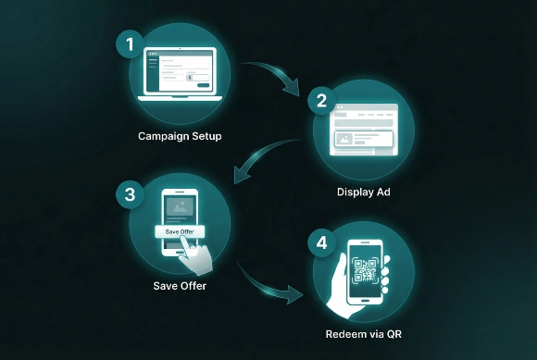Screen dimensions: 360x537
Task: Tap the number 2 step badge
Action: coord(321,101)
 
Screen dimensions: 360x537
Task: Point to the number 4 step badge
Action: coord(321,244)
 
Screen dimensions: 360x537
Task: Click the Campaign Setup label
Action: coord(180,136)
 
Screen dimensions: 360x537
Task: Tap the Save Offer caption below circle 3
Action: coord(180,286)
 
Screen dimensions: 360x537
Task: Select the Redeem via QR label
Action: coord(364,334)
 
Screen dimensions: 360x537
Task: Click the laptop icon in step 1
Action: coord(180,74)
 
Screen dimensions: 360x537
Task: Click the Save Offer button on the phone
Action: coord(179,230)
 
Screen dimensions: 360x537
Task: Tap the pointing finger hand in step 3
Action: coord(197,252)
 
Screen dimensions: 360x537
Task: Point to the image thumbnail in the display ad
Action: coord(345,140)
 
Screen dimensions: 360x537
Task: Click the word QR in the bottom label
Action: coord(393,334)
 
